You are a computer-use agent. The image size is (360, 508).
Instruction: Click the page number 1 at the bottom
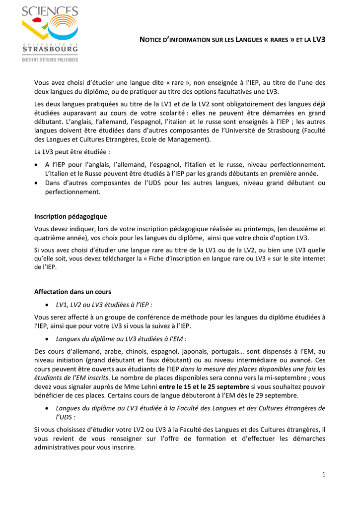(324, 475)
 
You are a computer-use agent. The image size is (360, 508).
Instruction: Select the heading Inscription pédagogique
(70, 216)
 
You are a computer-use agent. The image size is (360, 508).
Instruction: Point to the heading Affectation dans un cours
(72, 292)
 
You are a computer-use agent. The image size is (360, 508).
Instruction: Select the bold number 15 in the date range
(186, 386)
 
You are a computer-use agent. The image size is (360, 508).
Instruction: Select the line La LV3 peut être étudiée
(72, 152)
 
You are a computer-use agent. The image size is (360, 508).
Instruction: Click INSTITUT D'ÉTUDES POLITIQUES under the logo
(50, 60)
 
